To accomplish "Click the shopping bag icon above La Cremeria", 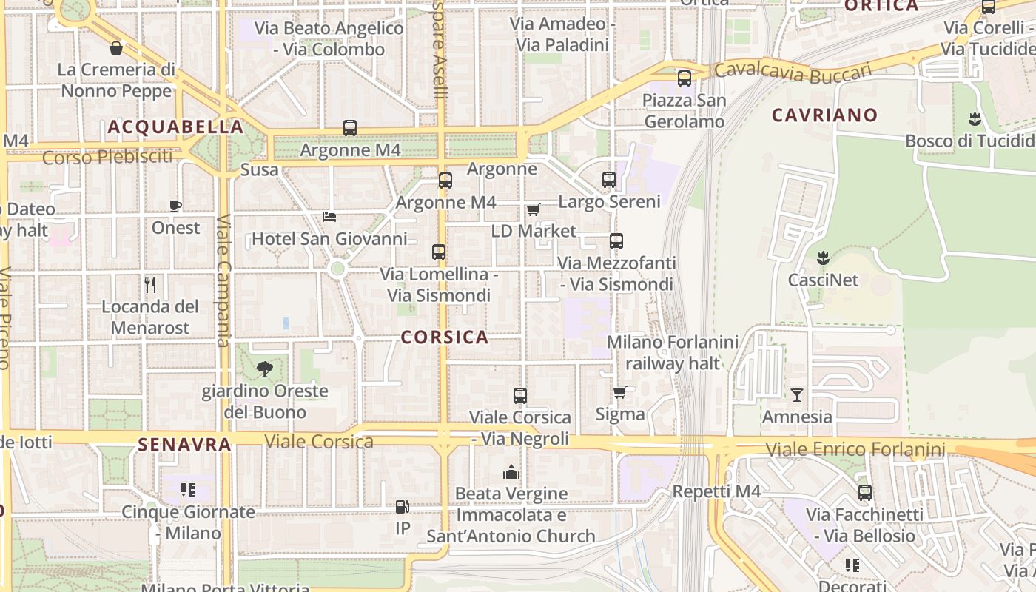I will [116, 49].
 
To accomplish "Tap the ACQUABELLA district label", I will [176, 127].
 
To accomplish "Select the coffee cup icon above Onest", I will [175, 206].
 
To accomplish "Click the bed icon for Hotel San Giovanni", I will [329, 217].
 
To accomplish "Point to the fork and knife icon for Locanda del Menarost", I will [150, 284].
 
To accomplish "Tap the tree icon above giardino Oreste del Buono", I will [264, 369].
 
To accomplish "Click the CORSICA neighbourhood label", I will [445, 337].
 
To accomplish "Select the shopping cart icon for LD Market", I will [534, 209].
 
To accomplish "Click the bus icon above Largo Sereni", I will [609, 180].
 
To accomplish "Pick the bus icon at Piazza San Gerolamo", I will [684, 78].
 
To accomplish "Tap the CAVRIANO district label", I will [824, 115].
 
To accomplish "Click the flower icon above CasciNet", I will [822, 258].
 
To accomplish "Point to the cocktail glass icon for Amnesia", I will [796, 394].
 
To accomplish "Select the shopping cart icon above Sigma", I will [620, 392].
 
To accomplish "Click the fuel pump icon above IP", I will [403, 507].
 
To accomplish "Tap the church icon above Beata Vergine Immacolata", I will [511, 472].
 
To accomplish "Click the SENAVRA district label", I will [185, 445].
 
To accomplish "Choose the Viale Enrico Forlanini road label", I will [855, 449].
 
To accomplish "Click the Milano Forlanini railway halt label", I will [673, 352].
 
